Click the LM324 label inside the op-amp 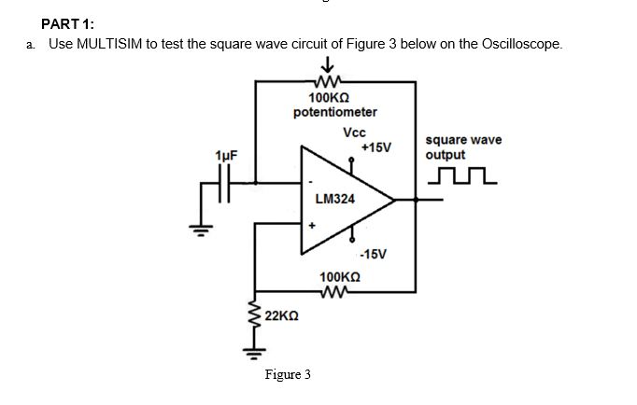tap(335, 199)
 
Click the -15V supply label tap(374, 254)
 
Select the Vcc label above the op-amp tap(354, 133)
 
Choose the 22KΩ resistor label tap(282, 316)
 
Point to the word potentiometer tap(335, 112)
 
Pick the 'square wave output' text tap(462, 147)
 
